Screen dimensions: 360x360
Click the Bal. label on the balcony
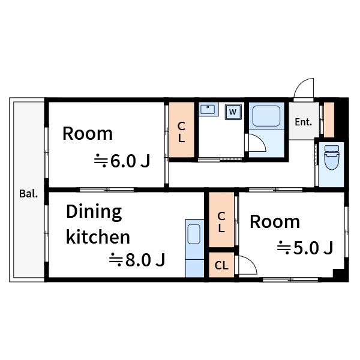pos(28,194)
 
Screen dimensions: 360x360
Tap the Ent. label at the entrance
pos(303,122)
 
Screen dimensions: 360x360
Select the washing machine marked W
pos(233,112)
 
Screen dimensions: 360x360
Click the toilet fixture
pos(332,157)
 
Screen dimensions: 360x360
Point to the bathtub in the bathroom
pos(266,116)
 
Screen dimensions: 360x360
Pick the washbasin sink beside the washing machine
pos(208,109)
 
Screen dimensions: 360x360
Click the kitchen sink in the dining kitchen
pos(194,234)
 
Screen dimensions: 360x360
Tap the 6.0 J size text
pos(122,161)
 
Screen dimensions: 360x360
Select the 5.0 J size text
pos(305,248)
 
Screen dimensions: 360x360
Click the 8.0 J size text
pos(137,260)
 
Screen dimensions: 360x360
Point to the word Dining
pos(94,212)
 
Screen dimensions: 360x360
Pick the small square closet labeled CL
pos(221,265)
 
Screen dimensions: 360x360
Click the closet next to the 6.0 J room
pos(182,130)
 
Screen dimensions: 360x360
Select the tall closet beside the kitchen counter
pos(221,220)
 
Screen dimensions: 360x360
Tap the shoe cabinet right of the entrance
pos(329,120)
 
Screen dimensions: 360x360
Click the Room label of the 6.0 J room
pos(88,133)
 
